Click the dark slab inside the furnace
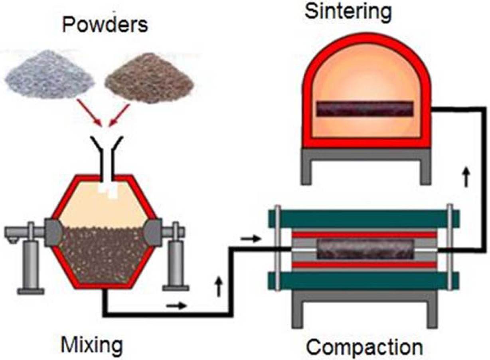pos(364,109)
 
